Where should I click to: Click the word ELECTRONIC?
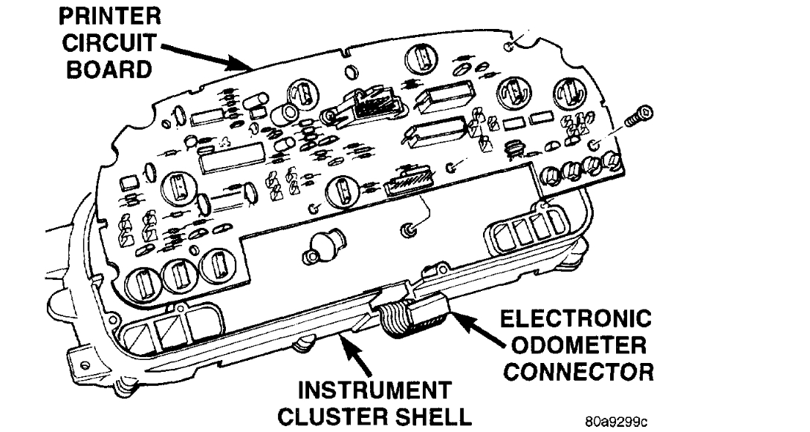(x=577, y=320)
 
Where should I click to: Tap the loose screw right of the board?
(x=640, y=116)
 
